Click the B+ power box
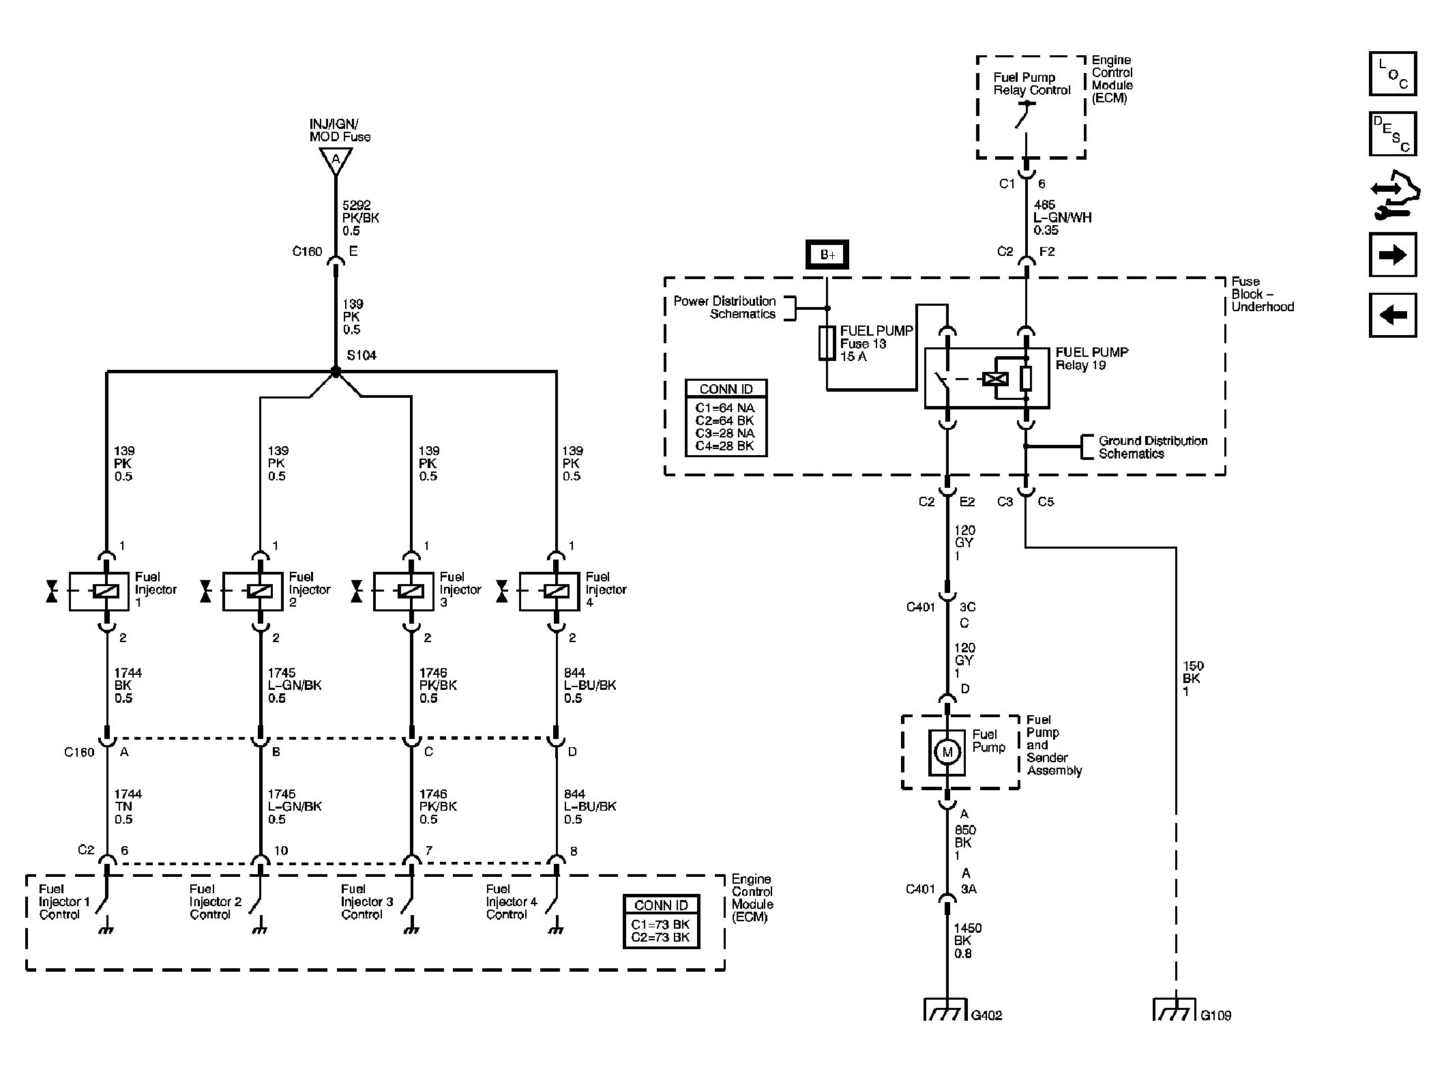827,255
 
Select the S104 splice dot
336,371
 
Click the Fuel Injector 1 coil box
99,591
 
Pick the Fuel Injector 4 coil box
549,591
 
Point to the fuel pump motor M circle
947,752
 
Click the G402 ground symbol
945,1009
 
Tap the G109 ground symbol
1175,1009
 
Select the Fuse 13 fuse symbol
827,343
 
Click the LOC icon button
1393,74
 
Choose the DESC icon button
1393,134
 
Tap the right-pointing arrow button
1393,255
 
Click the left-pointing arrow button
1393,315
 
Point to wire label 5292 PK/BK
361,218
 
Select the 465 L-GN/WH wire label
1062,218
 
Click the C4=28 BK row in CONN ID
725,446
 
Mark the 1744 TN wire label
128,807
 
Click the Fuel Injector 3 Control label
367,901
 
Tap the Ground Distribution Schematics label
1153,447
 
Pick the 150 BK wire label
1192,678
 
